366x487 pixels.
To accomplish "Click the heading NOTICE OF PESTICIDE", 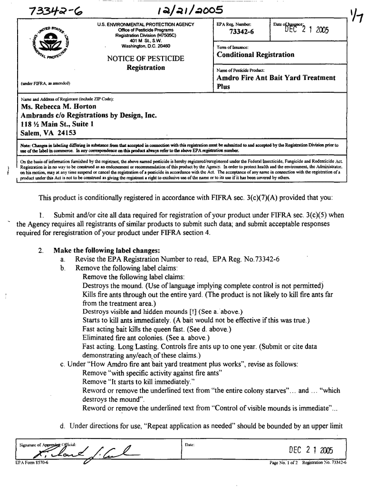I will point(145,58).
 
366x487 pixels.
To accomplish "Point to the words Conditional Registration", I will point(255,55).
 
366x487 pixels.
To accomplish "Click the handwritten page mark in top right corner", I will point(355,15).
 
